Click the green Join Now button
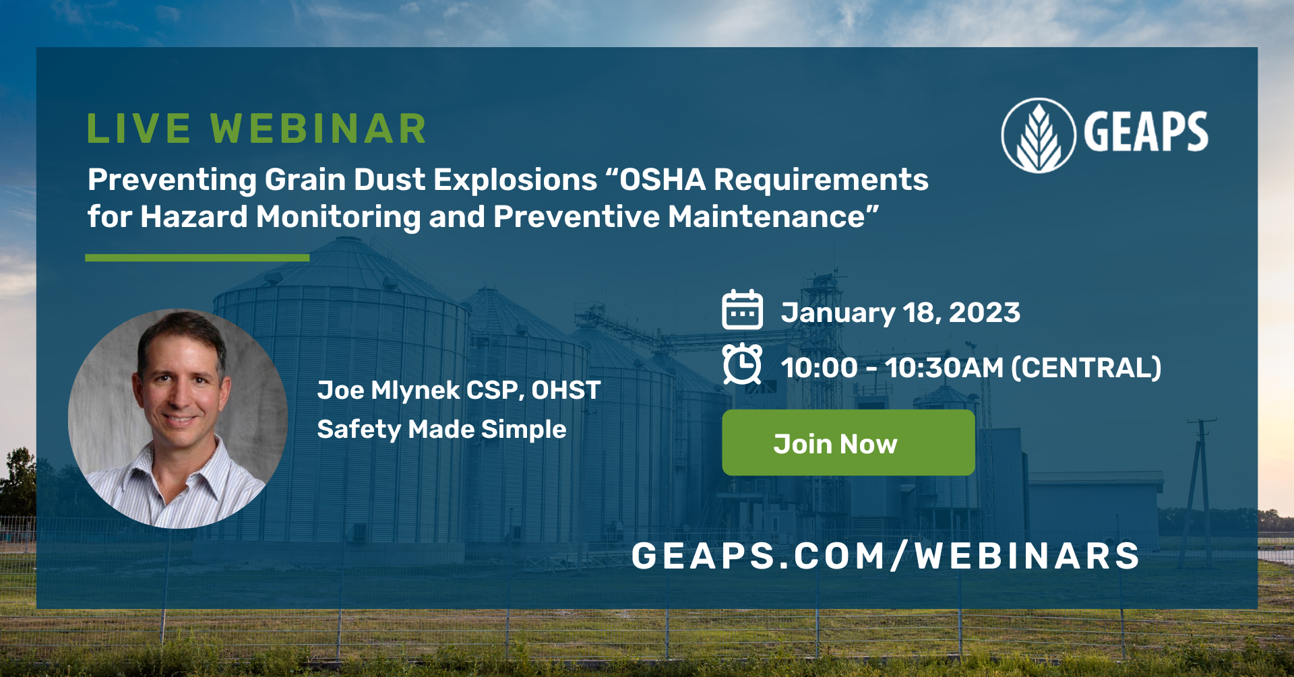coord(848,443)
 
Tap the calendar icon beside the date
coord(742,311)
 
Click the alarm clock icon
coord(742,364)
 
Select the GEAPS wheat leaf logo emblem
coord(1038,135)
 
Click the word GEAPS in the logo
coord(1146,132)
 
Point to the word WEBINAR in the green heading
coord(319,129)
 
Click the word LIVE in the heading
coord(139,129)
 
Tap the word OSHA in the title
coord(663,180)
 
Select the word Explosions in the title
coord(515,180)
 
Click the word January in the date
coord(838,313)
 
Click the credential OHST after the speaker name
coord(565,391)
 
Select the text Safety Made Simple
coord(441,430)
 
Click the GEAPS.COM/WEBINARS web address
coord(885,556)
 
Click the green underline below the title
coord(197,257)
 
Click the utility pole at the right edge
coord(1200,485)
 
